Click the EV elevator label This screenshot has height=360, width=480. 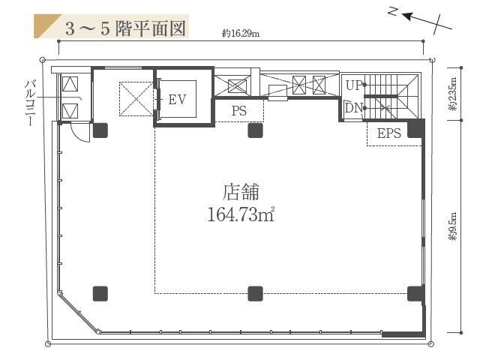tap(178, 99)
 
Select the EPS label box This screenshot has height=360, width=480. tap(388, 133)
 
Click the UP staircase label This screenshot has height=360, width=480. tap(353, 85)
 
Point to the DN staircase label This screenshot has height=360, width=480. tap(353, 108)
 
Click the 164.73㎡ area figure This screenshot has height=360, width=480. tap(241, 215)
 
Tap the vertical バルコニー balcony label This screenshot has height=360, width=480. tap(31, 101)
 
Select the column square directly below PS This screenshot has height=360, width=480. tap(255, 130)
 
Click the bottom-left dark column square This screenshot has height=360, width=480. tap(100, 293)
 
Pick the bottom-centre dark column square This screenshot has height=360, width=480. tap(255, 293)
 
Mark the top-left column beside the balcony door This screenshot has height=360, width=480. tap(100, 130)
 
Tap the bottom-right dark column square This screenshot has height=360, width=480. tap(413, 293)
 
